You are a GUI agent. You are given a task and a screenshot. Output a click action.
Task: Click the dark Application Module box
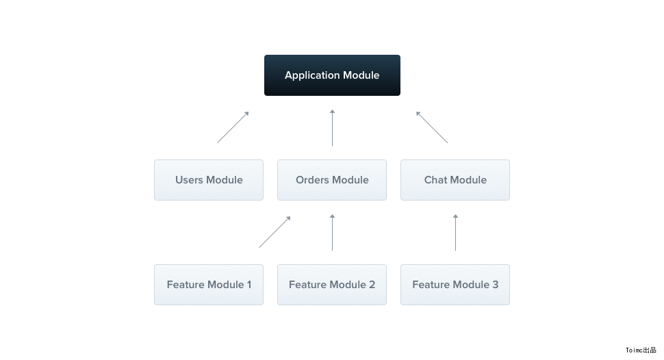pyautogui.click(x=332, y=75)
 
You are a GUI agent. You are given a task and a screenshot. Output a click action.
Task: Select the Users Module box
pyautogui.click(x=209, y=180)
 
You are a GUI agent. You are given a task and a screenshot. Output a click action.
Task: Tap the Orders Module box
pyautogui.click(x=332, y=180)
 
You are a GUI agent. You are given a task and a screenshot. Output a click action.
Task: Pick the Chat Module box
pyautogui.click(x=455, y=180)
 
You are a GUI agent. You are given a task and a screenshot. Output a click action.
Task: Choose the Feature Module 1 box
pyautogui.click(x=209, y=285)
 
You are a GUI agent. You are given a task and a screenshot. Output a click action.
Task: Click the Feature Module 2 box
pyautogui.click(x=332, y=285)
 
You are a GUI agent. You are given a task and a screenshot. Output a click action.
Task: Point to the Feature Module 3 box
pyautogui.click(x=455, y=285)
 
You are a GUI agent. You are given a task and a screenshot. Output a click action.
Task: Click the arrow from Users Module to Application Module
pyautogui.click(x=233, y=127)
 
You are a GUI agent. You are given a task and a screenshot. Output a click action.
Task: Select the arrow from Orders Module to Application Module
pyautogui.click(x=333, y=128)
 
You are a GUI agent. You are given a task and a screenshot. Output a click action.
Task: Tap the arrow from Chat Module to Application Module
pyautogui.click(x=432, y=127)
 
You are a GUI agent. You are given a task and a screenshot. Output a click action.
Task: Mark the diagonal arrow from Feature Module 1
pyautogui.click(x=274, y=232)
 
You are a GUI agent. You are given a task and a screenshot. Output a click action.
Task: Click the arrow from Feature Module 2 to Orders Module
pyautogui.click(x=333, y=233)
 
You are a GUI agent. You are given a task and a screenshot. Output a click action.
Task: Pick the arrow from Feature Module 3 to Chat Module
pyautogui.click(x=456, y=233)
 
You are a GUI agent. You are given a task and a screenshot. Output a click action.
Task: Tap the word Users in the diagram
pyautogui.click(x=190, y=179)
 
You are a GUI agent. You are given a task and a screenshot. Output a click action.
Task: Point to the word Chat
pyautogui.click(x=436, y=179)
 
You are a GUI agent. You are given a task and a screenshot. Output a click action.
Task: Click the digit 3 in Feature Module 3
pyautogui.click(x=496, y=285)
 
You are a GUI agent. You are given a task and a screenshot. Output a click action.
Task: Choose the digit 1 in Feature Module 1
pyautogui.click(x=249, y=285)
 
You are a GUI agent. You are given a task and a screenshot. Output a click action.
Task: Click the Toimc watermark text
pyautogui.click(x=641, y=350)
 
